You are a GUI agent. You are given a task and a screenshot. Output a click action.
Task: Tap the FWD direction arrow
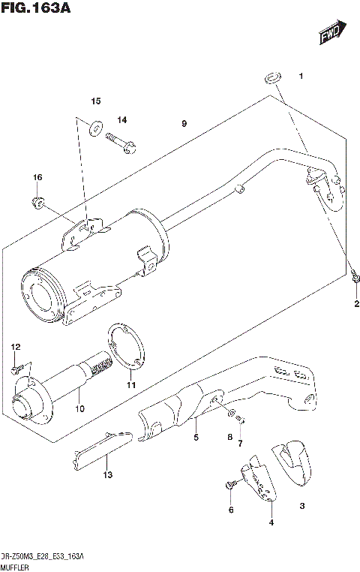(331, 33)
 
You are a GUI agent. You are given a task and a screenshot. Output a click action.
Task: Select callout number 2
(356, 303)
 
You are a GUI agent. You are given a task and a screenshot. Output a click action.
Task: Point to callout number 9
(183, 123)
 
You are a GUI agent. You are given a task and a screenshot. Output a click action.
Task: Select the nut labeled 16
(37, 200)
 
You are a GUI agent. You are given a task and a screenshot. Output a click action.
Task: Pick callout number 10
(79, 408)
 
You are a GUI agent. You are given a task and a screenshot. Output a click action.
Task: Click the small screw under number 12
(16, 369)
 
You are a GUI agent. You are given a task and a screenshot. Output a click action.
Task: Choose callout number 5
(196, 438)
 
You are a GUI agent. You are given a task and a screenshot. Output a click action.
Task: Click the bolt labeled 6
(229, 486)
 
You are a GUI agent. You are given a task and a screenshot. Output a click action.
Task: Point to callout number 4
(271, 522)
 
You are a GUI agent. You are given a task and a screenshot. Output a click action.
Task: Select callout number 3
(301, 507)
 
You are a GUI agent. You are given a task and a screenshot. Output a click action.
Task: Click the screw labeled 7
(241, 424)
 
